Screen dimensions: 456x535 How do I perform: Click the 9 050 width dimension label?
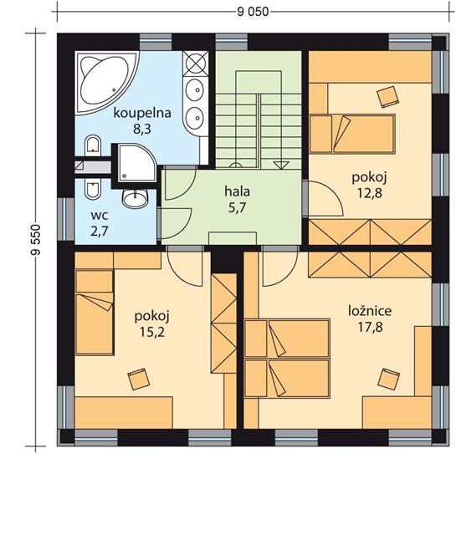tap(253, 12)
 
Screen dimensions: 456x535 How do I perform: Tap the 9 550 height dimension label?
tap(35, 240)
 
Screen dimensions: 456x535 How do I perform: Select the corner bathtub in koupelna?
tap(107, 82)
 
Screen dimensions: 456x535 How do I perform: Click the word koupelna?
tap(142, 113)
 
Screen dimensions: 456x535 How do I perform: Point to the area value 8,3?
tap(141, 130)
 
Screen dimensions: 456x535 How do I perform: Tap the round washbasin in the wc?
tap(135, 198)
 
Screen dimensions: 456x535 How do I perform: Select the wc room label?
tap(100, 216)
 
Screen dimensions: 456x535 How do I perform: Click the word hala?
tap(237, 191)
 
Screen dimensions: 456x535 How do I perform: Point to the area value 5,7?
tap(237, 207)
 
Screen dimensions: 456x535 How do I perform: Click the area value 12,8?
tap(370, 193)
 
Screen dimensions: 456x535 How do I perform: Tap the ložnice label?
tap(370, 310)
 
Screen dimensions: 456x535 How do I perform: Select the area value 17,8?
tap(370, 327)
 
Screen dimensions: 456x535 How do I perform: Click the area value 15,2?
tap(152, 332)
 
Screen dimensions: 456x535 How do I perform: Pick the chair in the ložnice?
tap(389, 379)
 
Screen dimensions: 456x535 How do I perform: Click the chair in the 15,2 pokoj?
tap(138, 379)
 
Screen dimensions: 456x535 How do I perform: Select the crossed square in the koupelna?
tap(196, 64)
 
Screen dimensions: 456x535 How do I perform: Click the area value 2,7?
tap(100, 232)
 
